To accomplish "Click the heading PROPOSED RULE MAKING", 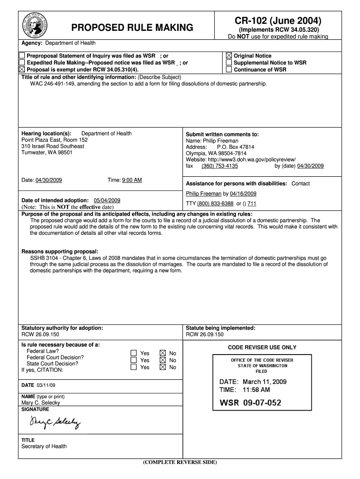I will (132, 28).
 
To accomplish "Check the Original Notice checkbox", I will (229, 56).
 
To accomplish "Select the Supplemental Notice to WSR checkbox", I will (229, 63).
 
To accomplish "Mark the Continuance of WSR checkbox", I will (229, 70).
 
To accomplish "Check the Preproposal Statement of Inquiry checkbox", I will (22, 56).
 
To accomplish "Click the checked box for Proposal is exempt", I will (22, 70).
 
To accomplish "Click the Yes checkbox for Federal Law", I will (134, 353).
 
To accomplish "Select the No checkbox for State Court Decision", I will (162, 367).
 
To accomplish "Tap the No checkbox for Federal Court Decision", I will (162, 360).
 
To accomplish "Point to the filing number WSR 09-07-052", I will (251, 403).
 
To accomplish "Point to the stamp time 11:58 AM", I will (256, 389).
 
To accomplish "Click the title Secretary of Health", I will (44, 446).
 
